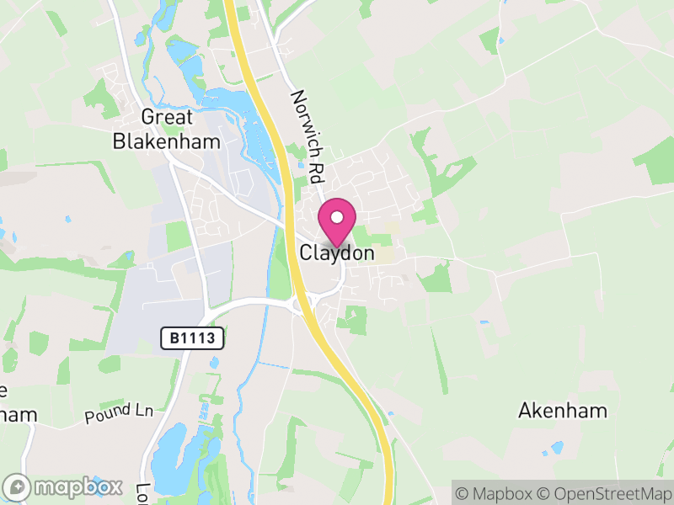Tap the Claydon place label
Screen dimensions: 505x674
(337, 252)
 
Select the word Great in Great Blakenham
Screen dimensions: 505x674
(167, 118)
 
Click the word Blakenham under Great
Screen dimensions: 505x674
(166, 140)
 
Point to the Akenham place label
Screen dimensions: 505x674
(562, 411)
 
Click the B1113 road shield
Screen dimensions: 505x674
(193, 338)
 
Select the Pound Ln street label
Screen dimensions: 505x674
(119, 413)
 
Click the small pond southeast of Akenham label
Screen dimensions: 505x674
(556, 448)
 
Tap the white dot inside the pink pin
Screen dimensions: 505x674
(337, 217)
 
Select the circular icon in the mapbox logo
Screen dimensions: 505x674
(18, 487)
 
